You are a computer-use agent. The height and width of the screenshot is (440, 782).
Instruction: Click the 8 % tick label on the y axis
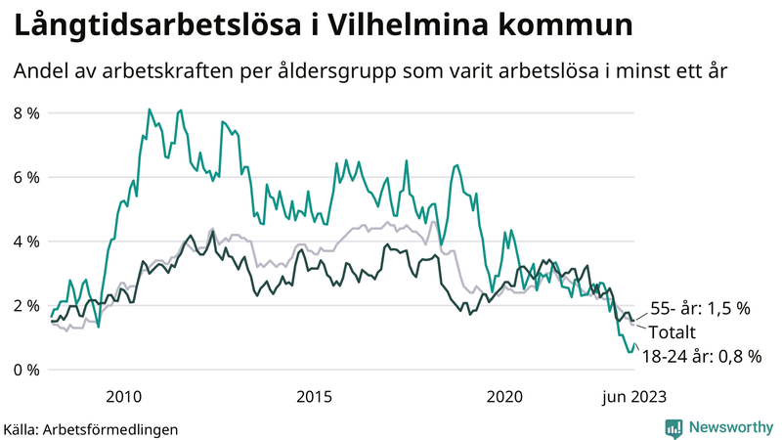pyautogui.click(x=25, y=112)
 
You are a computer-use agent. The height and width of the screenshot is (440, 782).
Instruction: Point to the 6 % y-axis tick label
pyautogui.click(x=25, y=177)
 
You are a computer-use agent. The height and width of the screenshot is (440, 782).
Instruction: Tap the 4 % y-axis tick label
pyautogui.click(x=25, y=241)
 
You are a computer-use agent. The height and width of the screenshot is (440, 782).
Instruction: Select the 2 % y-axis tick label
pyautogui.click(x=25, y=305)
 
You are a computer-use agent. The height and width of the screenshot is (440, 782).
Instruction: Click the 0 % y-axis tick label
pyautogui.click(x=25, y=370)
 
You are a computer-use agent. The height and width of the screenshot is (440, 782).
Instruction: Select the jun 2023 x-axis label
pyautogui.click(x=635, y=396)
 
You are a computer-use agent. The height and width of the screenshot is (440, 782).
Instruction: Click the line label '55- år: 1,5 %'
pyautogui.click(x=700, y=308)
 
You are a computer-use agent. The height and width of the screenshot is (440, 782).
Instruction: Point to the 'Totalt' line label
pyautogui.click(x=676, y=332)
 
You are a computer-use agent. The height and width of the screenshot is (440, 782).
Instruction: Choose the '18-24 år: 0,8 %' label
pyautogui.click(x=701, y=357)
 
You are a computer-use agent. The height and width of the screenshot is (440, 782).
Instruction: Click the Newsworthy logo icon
pyautogui.click(x=673, y=427)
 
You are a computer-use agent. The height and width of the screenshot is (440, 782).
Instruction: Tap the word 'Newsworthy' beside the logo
pyautogui.click(x=729, y=427)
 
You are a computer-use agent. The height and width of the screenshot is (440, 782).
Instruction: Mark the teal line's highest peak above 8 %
pyautogui.click(x=149, y=110)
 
